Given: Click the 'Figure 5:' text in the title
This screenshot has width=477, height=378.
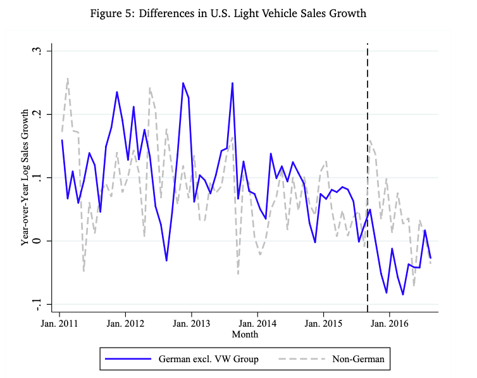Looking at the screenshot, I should point(129,14).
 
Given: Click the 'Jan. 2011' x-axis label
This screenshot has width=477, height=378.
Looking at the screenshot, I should point(59,322).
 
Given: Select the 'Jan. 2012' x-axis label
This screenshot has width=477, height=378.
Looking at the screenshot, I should point(125,322).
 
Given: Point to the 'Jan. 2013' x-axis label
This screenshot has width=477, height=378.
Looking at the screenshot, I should point(192,322).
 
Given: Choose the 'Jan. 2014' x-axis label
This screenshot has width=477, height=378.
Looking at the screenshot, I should point(257,322).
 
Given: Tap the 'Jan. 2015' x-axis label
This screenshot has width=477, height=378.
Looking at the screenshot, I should point(323,322).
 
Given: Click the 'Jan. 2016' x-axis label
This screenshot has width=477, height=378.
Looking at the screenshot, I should point(389,322).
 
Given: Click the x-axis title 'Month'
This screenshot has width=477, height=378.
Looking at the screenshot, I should point(245,334).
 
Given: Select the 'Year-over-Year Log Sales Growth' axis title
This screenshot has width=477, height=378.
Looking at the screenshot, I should point(25,177).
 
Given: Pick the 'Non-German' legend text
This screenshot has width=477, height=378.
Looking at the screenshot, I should point(358,360).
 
